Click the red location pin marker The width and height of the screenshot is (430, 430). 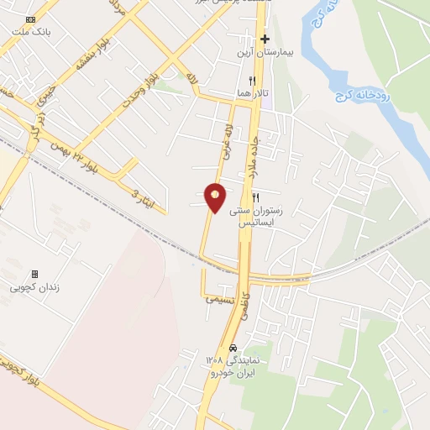point(216,197)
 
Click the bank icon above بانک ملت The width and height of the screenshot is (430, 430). point(31,18)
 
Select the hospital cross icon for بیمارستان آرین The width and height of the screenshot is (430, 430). point(265,39)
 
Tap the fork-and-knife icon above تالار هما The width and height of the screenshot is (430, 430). point(252,80)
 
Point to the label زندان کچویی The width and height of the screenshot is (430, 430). point(34,287)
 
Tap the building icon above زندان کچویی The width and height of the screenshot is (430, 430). point(34,274)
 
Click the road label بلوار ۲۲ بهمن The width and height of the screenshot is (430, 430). point(83,155)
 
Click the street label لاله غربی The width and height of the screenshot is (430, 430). point(226,140)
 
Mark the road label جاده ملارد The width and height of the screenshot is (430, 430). point(256,152)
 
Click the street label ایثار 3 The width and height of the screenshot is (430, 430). point(136,193)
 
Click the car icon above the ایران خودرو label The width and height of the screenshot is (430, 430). point(233,348)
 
